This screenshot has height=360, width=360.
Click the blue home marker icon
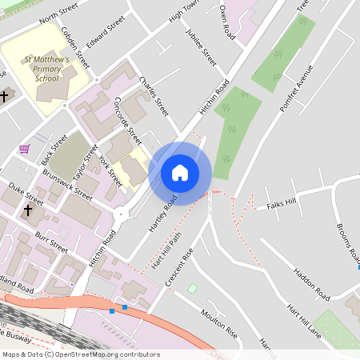click(180, 173)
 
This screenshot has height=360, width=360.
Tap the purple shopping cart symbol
click(25, 148)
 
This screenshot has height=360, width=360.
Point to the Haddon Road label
click(311, 284)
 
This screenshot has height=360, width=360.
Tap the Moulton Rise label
click(219, 322)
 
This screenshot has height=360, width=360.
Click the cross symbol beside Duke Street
click(29, 211)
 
